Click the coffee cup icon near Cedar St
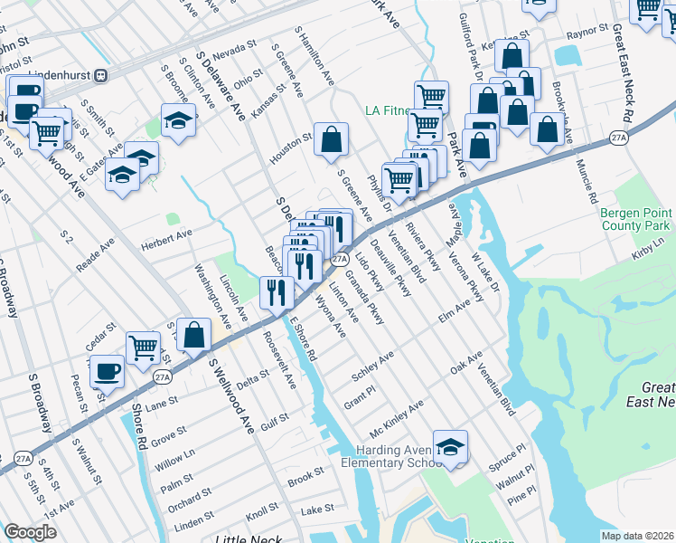click(x=108, y=369)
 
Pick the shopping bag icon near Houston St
click(x=332, y=139)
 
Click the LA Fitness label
click(x=387, y=111)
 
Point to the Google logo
click(x=31, y=532)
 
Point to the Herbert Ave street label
click(x=166, y=234)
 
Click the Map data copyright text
click(x=637, y=535)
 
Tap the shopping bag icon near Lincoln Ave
click(x=194, y=334)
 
